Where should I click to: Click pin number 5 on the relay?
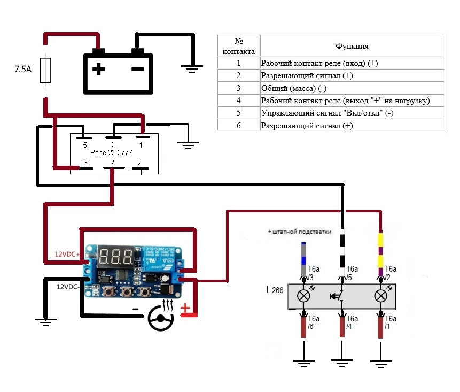[x=84, y=144]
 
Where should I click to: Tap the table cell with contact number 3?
[x=239, y=88]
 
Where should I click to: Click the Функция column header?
[x=352, y=47]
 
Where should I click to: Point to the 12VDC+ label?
[x=66, y=255]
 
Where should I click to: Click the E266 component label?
[x=275, y=290]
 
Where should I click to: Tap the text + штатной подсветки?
[x=299, y=232]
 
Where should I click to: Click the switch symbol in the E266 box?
[x=339, y=295]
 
